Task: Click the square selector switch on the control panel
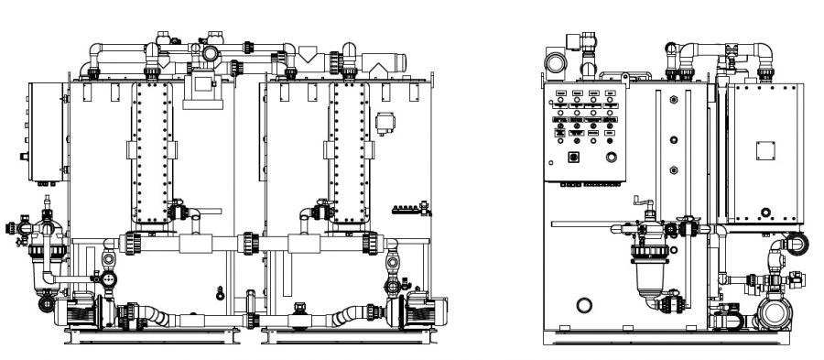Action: point(575,157)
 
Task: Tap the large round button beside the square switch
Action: point(611,158)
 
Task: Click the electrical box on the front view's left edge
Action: point(46,131)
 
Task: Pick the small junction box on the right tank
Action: point(385,121)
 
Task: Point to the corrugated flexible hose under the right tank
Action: point(348,317)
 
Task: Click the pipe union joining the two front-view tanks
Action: point(249,244)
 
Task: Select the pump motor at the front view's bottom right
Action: point(417,311)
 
